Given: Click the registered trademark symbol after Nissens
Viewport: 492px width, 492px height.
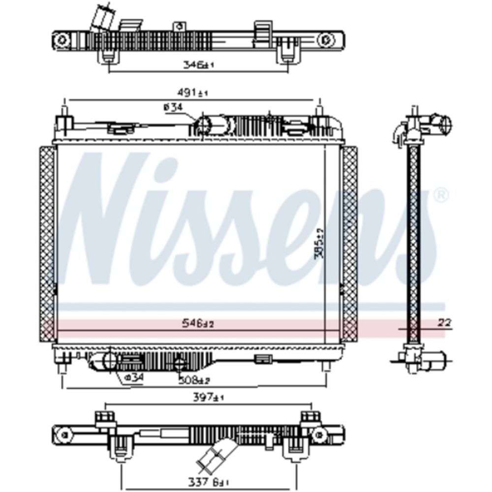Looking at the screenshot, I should (x=442, y=195).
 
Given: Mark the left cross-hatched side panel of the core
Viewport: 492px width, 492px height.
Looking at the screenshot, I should (x=47, y=244).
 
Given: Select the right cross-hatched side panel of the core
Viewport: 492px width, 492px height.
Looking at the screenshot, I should (x=350, y=244).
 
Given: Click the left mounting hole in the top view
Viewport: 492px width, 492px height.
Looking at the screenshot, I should (x=61, y=40).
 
